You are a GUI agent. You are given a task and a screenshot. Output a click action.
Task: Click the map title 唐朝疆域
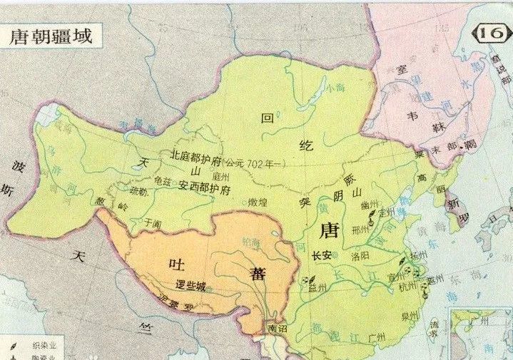pyautogui.click(x=51, y=36)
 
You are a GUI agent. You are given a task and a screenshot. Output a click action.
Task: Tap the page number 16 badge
pyautogui.click(x=492, y=34)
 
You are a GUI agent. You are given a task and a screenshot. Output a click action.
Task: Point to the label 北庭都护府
pyautogui.click(x=196, y=155)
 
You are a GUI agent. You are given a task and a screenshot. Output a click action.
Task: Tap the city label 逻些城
pyautogui.click(x=191, y=287)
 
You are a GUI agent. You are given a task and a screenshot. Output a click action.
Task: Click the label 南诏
pyautogui.click(x=276, y=329)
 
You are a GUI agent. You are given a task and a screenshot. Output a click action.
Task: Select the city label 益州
pyautogui.click(x=317, y=287)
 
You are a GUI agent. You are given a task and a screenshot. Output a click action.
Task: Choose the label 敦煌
pyautogui.click(x=262, y=202)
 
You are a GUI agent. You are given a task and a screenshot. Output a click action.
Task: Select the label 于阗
pyautogui.click(x=152, y=222)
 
